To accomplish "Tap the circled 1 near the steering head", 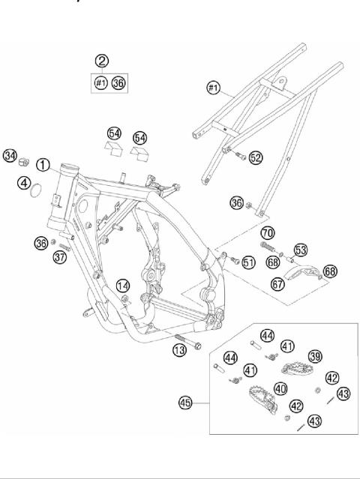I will [x=43, y=164].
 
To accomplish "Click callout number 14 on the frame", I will [x=123, y=285].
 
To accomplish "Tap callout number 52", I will [x=256, y=157].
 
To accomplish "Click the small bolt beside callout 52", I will [x=240, y=155].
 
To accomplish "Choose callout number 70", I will [x=268, y=233].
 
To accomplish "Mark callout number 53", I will [x=300, y=250].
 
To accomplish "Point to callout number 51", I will [x=248, y=262].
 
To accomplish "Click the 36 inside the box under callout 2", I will [x=118, y=83].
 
